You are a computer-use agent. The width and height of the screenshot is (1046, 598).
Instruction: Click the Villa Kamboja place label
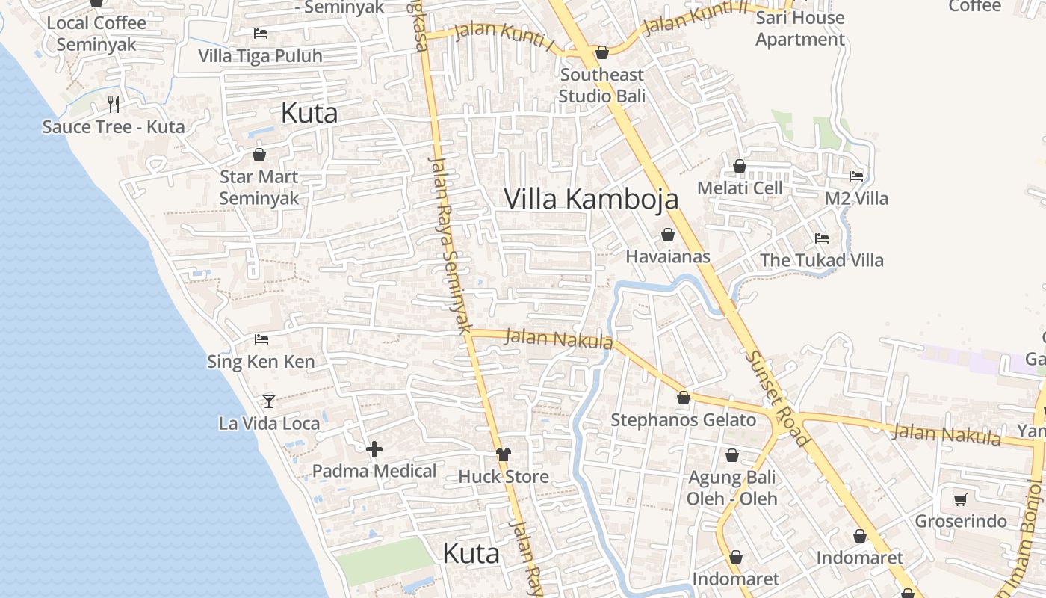(x=591, y=199)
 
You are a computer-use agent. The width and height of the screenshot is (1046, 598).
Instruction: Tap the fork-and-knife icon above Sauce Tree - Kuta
(x=114, y=104)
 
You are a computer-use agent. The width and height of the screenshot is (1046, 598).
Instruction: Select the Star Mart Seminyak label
(x=259, y=188)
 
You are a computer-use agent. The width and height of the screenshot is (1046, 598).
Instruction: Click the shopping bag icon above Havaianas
(x=667, y=235)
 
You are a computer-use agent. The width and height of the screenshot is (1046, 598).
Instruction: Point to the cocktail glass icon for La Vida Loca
(x=269, y=401)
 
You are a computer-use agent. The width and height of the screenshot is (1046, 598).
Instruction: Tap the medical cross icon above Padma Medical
(x=374, y=449)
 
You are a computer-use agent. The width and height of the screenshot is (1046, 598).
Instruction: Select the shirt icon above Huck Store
(x=503, y=454)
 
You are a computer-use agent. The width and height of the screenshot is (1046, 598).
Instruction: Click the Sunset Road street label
(x=776, y=398)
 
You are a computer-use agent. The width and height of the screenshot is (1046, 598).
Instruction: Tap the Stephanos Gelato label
(x=684, y=420)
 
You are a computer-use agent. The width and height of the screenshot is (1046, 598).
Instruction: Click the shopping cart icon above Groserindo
(x=961, y=499)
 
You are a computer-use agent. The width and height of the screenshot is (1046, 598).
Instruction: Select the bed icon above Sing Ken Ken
(x=261, y=339)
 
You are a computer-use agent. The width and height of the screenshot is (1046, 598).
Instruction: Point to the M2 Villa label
(x=856, y=199)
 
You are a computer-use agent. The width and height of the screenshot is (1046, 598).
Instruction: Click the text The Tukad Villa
(x=821, y=260)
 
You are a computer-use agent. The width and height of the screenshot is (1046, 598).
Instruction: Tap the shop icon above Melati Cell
(x=739, y=166)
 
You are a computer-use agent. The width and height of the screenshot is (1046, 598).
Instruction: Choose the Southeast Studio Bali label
(x=601, y=85)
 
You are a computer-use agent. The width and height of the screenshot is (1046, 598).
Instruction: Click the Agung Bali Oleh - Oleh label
(x=731, y=487)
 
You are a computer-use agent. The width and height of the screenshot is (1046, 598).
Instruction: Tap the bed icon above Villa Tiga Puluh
(x=260, y=34)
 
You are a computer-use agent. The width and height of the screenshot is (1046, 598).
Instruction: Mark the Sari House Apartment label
(x=799, y=28)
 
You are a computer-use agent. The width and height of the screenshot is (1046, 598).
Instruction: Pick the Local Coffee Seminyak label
(x=96, y=33)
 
